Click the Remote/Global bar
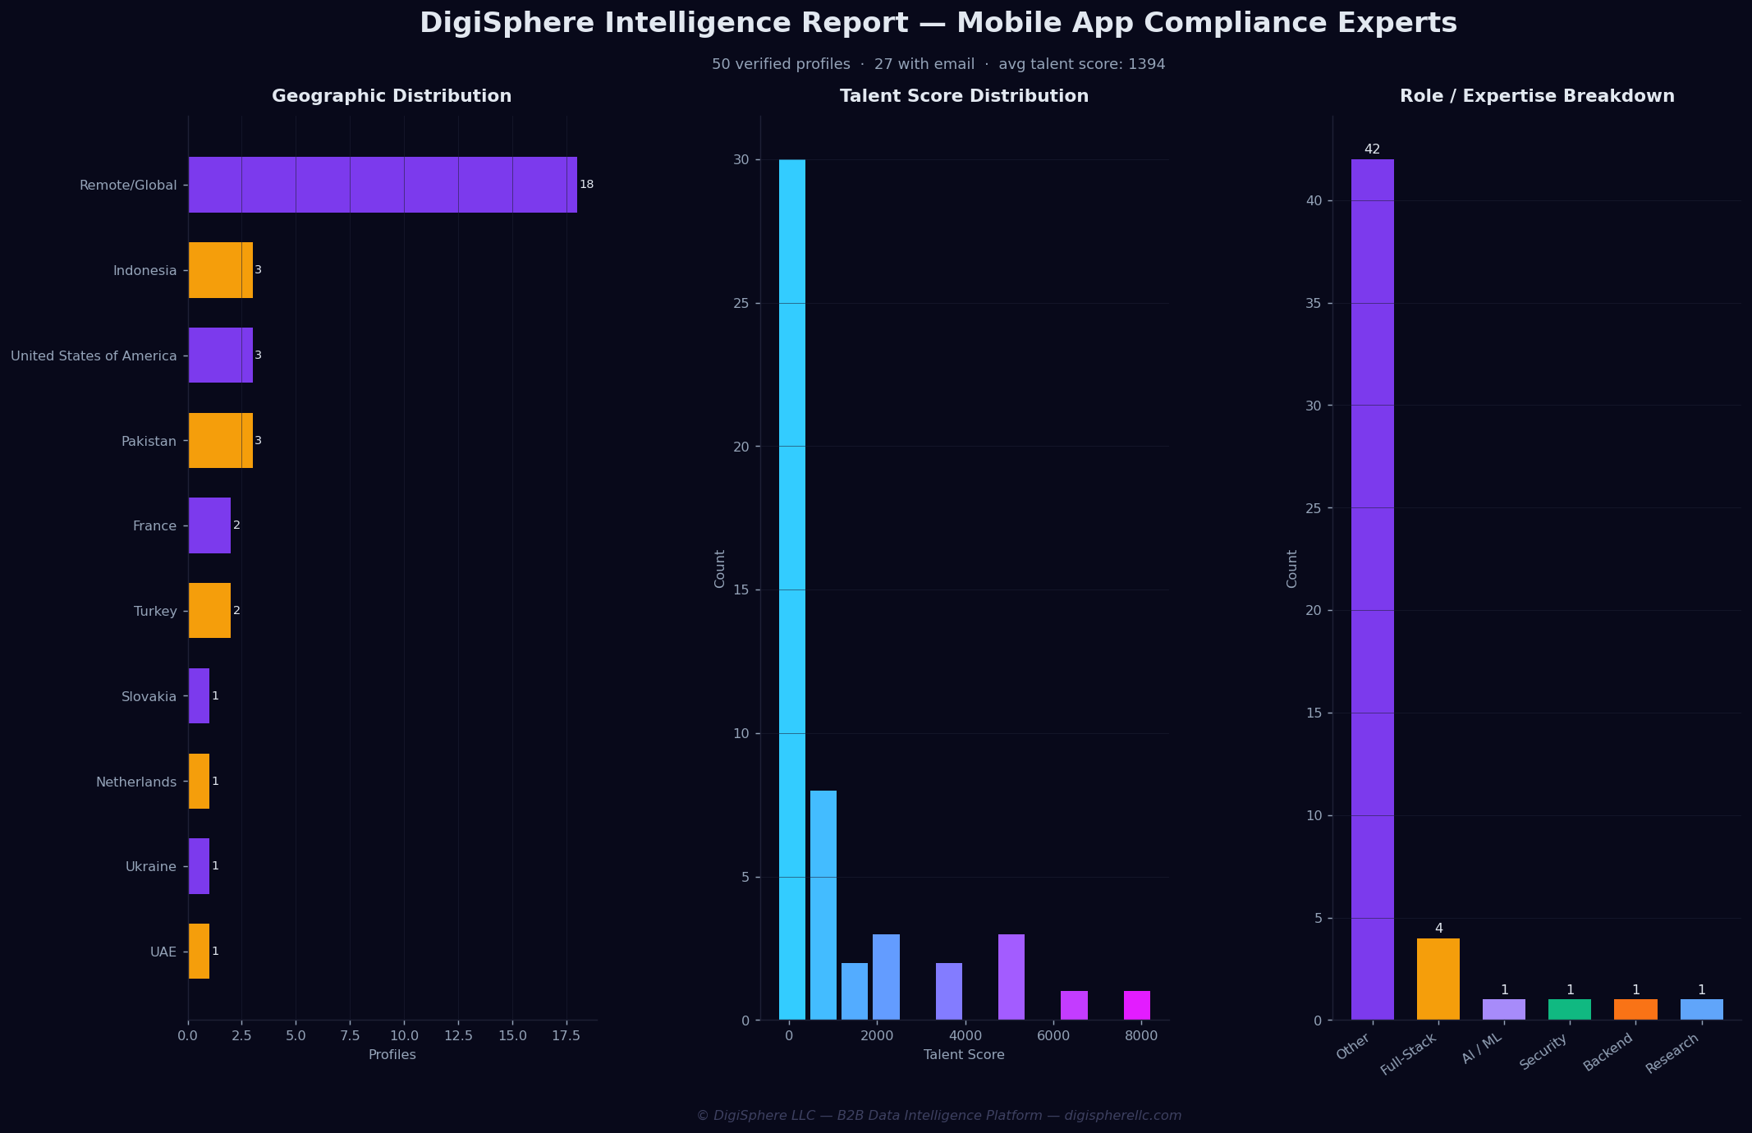coord(383,185)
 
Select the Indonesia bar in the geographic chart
coord(221,270)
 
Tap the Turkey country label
coord(155,612)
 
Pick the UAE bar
coord(200,952)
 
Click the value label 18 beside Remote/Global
coord(586,185)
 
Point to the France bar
coord(210,525)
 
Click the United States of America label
coord(94,356)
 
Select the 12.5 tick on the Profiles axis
coord(458,1036)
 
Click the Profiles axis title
coord(392,1055)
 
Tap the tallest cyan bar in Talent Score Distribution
coord(792,589)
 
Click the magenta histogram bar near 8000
coord(1137,1006)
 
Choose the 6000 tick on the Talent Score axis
coord(1053,1036)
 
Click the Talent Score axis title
coord(964,1055)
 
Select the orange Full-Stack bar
coord(1438,979)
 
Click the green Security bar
coord(1570,1010)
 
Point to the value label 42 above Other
coord(1372,149)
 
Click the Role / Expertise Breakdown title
coord(1537,96)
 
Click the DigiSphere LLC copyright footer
coord(939,1116)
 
